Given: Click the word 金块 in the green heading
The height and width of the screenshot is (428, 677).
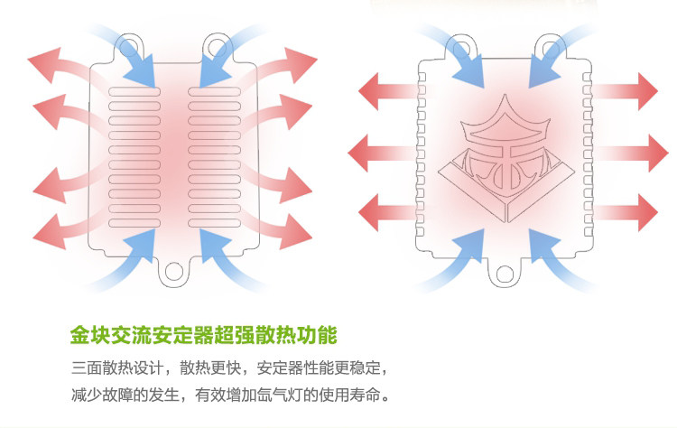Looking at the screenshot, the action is pyautogui.click(x=88, y=337).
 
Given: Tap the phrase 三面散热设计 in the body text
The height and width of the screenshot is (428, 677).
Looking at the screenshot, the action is pyautogui.click(x=115, y=369).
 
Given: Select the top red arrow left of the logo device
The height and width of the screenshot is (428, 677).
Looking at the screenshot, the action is pyautogui.click(x=385, y=90).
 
